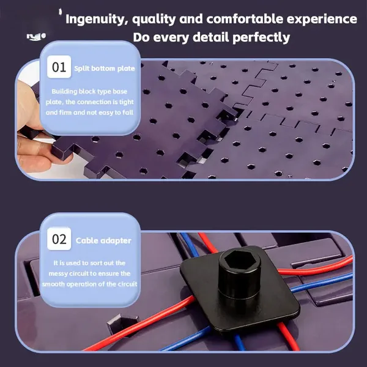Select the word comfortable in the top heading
pyautogui.click(x=244, y=19)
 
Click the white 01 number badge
pyautogui.click(x=59, y=67)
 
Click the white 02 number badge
pyautogui.click(x=59, y=239)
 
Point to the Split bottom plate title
pyautogui.click(x=105, y=69)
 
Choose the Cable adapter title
pyautogui.click(x=103, y=240)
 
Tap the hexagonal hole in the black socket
pyautogui.click(x=239, y=260)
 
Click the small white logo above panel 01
pyautogui.click(x=36, y=37)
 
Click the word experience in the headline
pyautogui.click(x=322, y=19)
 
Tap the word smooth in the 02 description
pyautogui.click(x=53, y=284)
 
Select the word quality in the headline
pyautogui.click(x=154, y=20)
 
